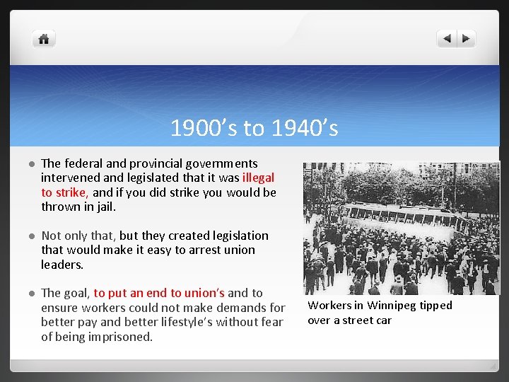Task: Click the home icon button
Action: click(44, 39)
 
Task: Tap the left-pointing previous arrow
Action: click(447, 39)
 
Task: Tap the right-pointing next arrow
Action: click(467, 39)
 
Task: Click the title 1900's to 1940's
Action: click(254, 129)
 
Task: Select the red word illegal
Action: click(258, 178)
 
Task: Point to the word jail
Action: click(102, 207)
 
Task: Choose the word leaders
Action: click(62, 265)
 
